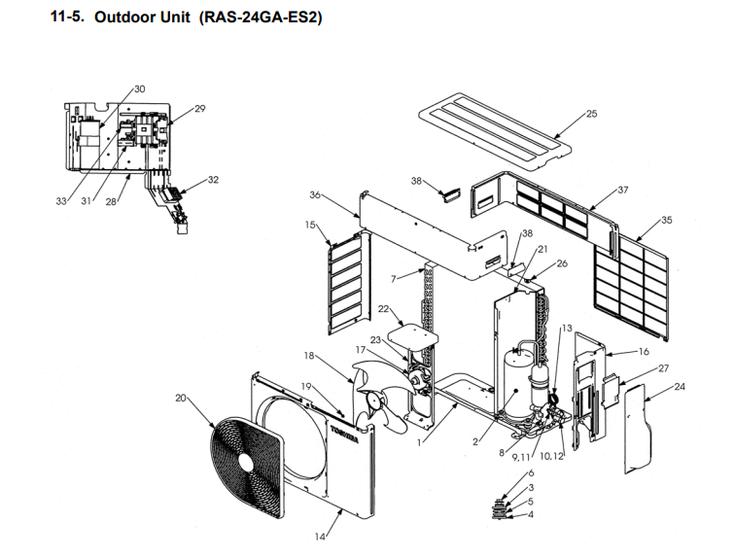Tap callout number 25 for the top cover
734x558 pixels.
pos(591,114)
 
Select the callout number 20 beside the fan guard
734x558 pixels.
pos(180,397)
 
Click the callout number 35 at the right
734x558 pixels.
pos(666,221)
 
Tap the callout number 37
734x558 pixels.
pos(623,190)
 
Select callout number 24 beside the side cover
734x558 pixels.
pos(679,387)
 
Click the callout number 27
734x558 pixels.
pos(663,368)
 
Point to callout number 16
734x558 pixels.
pos(643,351)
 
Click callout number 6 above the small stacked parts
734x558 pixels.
pos(530,472)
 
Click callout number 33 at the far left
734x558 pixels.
pos(61,201)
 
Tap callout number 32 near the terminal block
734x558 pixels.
pos(213,180)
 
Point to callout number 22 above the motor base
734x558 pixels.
pos(383,309)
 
